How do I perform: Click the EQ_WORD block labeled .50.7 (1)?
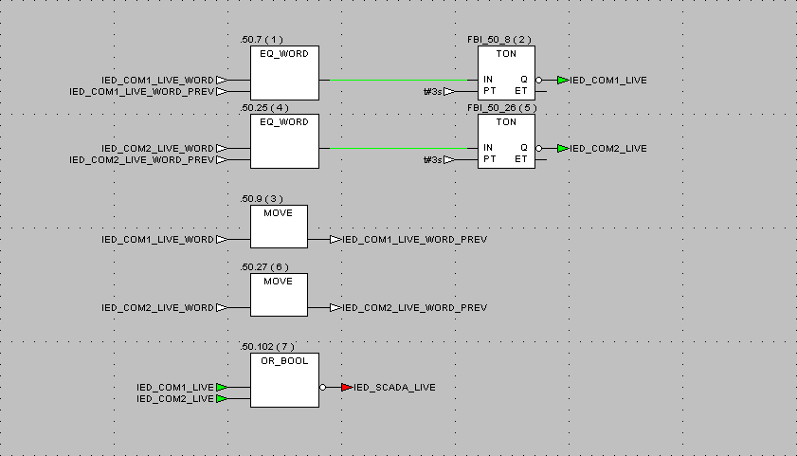284,73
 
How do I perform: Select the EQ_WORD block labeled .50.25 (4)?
284,141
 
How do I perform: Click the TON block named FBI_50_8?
506,73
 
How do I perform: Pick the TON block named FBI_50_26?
506,141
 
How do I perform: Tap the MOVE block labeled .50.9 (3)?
279,227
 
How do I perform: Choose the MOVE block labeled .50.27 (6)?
279,295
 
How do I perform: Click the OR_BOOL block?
284,380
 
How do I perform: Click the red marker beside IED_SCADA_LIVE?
347,388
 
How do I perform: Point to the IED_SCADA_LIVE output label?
394,388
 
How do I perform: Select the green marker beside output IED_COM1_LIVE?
562,81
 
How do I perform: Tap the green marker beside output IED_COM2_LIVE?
562,149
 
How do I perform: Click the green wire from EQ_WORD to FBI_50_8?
398,80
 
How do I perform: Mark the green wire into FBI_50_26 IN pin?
398,149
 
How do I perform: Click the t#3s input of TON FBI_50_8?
433,92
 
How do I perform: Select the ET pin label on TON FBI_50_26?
521,159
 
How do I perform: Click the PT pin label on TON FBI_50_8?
490,91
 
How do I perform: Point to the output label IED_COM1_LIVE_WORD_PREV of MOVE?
415,240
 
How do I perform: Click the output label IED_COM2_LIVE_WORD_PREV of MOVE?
415,307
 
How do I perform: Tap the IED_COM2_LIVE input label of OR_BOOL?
175,399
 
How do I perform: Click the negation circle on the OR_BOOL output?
323,388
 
